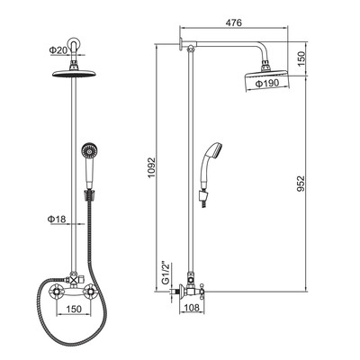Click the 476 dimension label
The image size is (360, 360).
[x=233, y=22]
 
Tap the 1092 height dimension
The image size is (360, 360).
[x=152, y=167]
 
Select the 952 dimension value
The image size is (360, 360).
[x=301, y=184]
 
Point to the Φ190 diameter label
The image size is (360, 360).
[x=267, y=83]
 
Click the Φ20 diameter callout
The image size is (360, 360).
[x=58, y=50]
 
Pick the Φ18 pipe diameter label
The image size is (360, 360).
[x=57, y=220]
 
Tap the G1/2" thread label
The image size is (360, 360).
[x=166, y=274]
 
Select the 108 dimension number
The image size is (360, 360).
[x=191, y=308]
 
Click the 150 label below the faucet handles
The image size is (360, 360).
[x=73, y=309]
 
